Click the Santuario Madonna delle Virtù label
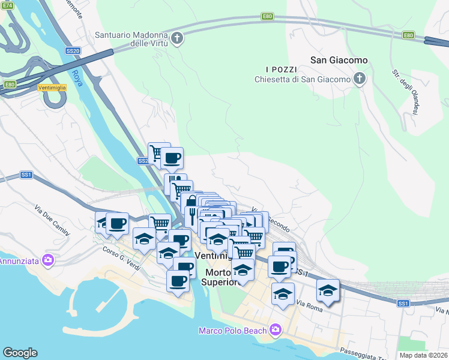point(131,39)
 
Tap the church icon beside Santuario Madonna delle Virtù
point(176,40)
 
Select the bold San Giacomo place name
point(339,61)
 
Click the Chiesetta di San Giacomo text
point(302,80)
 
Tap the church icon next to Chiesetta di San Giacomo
point(359,80)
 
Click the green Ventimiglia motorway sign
point(50,88)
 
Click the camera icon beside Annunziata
point(48,261)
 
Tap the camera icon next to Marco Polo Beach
point(275,329)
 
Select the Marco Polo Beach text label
point(234,330)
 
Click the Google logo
point(20,353)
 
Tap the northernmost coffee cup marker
point(172,158)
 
